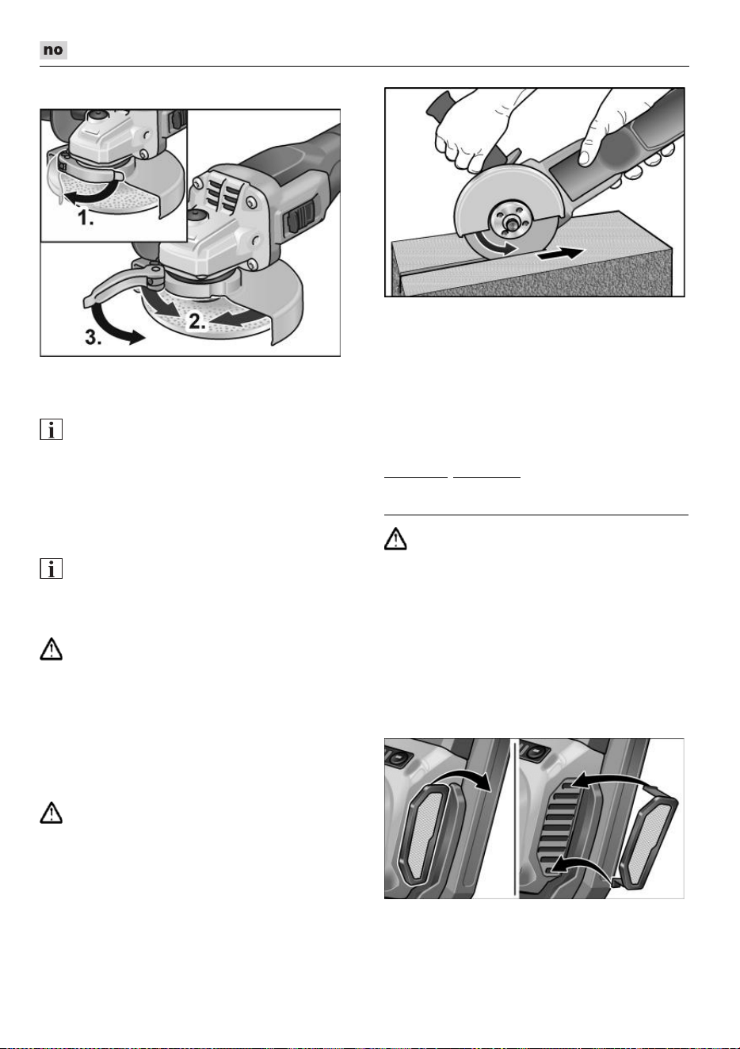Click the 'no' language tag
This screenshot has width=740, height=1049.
53,50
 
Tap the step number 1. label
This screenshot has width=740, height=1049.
86,218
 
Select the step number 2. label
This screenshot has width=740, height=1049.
197,321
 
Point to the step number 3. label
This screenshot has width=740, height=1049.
93,337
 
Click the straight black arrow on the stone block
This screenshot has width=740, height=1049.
560,255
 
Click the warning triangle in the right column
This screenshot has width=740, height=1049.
395,538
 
